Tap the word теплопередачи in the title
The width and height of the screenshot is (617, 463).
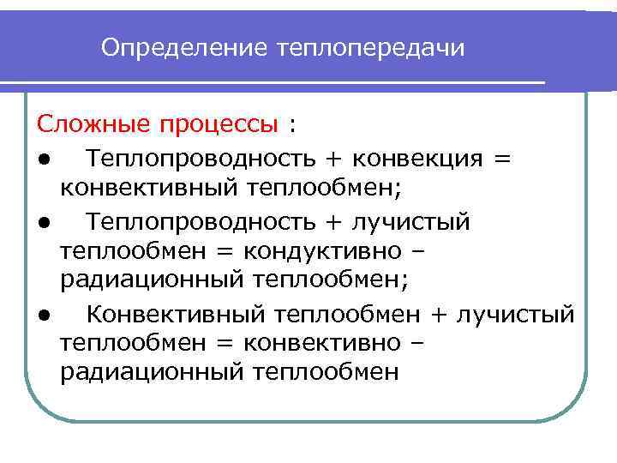[371, 48]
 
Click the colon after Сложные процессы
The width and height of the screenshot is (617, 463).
[292, 127]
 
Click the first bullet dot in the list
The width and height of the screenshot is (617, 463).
[42, 160]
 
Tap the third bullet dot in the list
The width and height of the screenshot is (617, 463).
[42, 316]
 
